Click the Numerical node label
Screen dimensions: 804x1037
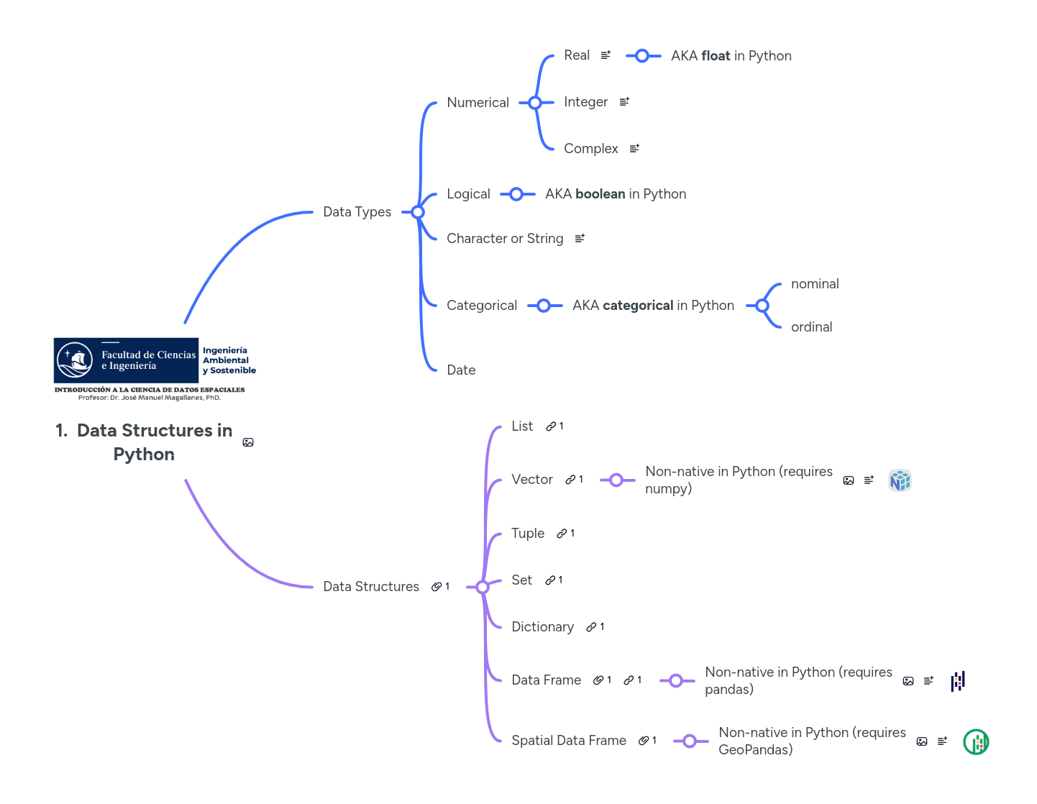point(478,103)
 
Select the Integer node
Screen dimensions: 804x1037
point(585,102)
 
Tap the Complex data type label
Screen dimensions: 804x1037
point(590,149)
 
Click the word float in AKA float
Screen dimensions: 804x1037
point(716,56)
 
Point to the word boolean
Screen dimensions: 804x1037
point(600,194)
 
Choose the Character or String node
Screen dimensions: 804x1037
point(505,239)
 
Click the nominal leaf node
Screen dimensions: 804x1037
point(815,284)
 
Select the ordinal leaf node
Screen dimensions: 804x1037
point(811,327)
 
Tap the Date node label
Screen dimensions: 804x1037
point(461,370)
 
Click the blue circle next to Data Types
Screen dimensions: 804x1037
point(418,212)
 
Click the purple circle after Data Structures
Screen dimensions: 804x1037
point(483,587)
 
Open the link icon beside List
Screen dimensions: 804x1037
point(551,426)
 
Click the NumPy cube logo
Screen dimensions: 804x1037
point(900,480)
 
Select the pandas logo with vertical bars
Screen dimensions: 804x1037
point(958,681)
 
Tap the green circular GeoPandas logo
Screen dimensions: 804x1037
point(976,741)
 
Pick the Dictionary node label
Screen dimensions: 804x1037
point(542,627)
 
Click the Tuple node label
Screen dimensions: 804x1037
point(527,534)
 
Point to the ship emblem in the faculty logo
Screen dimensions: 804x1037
point(76,360)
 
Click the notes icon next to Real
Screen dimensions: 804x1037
point(606,55)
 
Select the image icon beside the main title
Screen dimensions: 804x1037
point(248,442)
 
